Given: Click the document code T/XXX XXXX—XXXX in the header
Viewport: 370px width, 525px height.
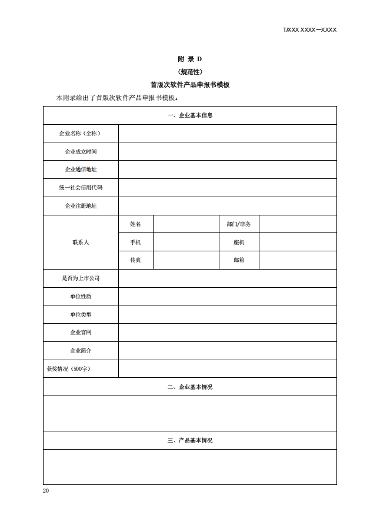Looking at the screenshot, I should (x=309, y=29).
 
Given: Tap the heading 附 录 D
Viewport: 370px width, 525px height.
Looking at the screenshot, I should (x=189, y=59).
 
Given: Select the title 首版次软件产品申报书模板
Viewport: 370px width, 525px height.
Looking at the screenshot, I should (x=189, y=85).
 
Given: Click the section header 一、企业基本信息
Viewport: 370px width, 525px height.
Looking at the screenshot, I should (x=189, y=115).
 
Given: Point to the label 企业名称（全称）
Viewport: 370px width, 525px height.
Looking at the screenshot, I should (x=81, y=134).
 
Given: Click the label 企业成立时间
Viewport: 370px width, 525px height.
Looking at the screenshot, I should (x=81, y=151).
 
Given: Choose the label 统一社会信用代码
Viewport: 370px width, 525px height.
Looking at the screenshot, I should (x=81, y=188).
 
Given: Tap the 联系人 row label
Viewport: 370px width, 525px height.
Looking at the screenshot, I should (x=81, y=242).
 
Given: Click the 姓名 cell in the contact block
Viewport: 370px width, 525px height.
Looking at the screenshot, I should (x=135, y=224).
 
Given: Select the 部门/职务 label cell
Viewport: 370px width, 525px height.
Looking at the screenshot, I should (x=238, y=224).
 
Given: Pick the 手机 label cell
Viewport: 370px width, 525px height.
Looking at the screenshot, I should (x=135, y=242).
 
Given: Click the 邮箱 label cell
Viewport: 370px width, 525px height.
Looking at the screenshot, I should (x=238, y=260).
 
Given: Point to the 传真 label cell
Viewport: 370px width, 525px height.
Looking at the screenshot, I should (x=135, y=260).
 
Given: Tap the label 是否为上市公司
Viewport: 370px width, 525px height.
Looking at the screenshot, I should (x=81, y=278).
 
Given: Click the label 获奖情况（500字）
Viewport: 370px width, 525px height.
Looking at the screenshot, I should (x=69, y=368).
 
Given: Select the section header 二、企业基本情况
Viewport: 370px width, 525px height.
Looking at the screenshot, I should (x=189, y=387).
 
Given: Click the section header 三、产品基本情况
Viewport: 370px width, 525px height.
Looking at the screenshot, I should (x=189, y=440).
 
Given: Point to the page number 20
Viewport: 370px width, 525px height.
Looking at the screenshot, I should (x=46, y=491).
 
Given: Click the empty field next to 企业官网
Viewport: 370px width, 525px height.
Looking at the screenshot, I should (x=227, y=333).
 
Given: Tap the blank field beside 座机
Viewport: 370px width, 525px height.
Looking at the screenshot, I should (x=298, y=242).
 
